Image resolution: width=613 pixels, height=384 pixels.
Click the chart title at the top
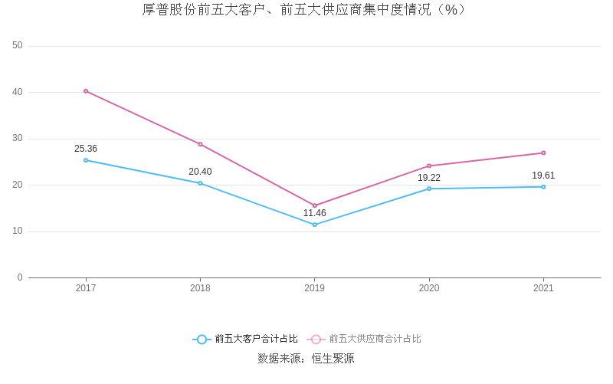pos(306,10)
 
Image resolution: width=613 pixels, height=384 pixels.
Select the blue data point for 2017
pos(86,160)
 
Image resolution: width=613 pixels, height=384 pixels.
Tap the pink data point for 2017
pos(86,91)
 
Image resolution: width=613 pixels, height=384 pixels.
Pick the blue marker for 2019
pos(314,225)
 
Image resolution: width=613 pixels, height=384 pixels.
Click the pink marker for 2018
pos(200,144)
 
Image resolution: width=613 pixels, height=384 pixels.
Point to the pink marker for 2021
pos(543,153)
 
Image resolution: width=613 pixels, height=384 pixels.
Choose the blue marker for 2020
pos(429,189)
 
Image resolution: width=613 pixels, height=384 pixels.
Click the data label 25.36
pos(86,149)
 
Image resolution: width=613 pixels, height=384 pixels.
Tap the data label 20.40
pos(200,172)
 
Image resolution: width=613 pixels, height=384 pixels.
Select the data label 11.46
pos(314,213)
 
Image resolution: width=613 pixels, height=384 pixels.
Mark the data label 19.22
pos(429,178)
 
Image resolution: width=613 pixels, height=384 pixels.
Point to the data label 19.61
pos(543,176)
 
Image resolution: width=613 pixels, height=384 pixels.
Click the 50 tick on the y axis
pos(18,46)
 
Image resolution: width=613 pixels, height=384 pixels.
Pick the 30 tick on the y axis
pos(18,139)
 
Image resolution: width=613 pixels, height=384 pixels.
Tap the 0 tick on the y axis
pos(20,277)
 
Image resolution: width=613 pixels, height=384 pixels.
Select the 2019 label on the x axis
pos(314,289)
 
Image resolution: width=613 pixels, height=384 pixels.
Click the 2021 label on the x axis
pos(543,289)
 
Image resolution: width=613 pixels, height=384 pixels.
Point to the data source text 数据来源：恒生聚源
pos(306,359)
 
